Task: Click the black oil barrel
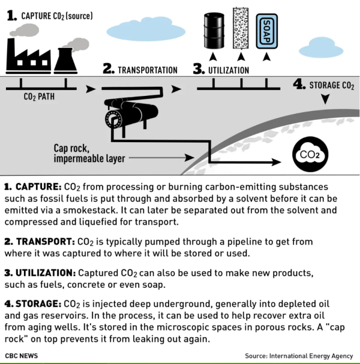[214, 31]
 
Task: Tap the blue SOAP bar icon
[267, 32]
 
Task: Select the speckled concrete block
[241, 28]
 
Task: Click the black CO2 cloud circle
[310, 154]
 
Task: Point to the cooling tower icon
[65, 61]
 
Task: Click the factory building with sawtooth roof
[28, 56]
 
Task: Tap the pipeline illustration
[131, 113]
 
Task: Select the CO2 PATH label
[39, 96]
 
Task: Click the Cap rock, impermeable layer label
[89, 154]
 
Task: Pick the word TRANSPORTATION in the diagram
[148, 70]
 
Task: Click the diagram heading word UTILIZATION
[229, 70]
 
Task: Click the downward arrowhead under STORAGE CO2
[326, 99]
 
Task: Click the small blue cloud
[321, 47]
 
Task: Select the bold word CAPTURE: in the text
[38, 187]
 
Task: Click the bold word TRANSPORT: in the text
[45, 241]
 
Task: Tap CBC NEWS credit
[21, 356]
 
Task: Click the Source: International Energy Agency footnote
[299, 356]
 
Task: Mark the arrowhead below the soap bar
[267, 57]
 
